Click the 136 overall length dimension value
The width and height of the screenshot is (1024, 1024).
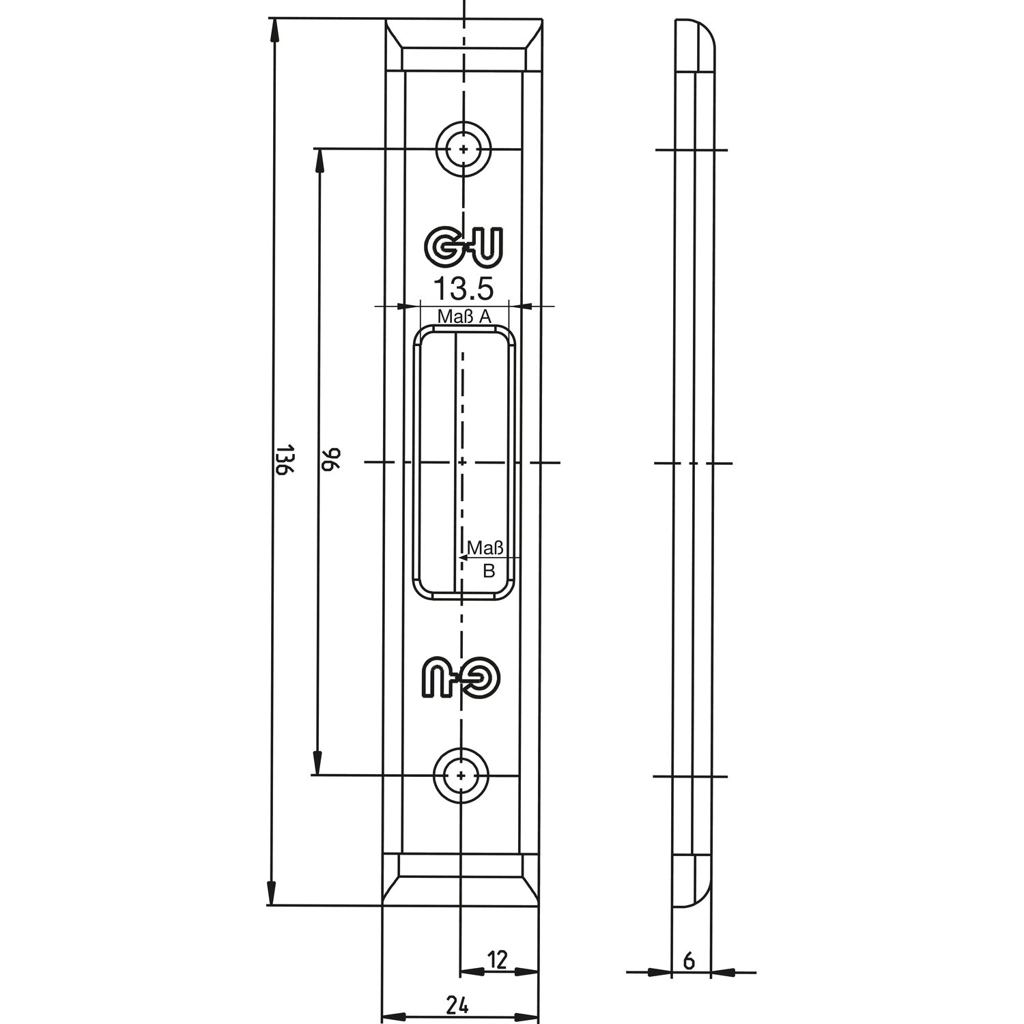pyautogui.click(x=285, y=462)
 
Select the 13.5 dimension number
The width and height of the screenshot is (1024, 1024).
pyautogui.click(x=464, y=289)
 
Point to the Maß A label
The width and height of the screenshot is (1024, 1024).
pyautogui.click(x=464, y=317)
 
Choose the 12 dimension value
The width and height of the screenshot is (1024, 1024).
pyautogui.click(x=498, y=960)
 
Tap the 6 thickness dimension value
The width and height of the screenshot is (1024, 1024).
pyautogui.click(x=689, y=961)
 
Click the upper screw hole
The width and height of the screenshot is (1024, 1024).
pyautogui.click(x=464, y=149)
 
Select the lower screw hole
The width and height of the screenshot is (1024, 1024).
pyautogui.click(x=462, y=776)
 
